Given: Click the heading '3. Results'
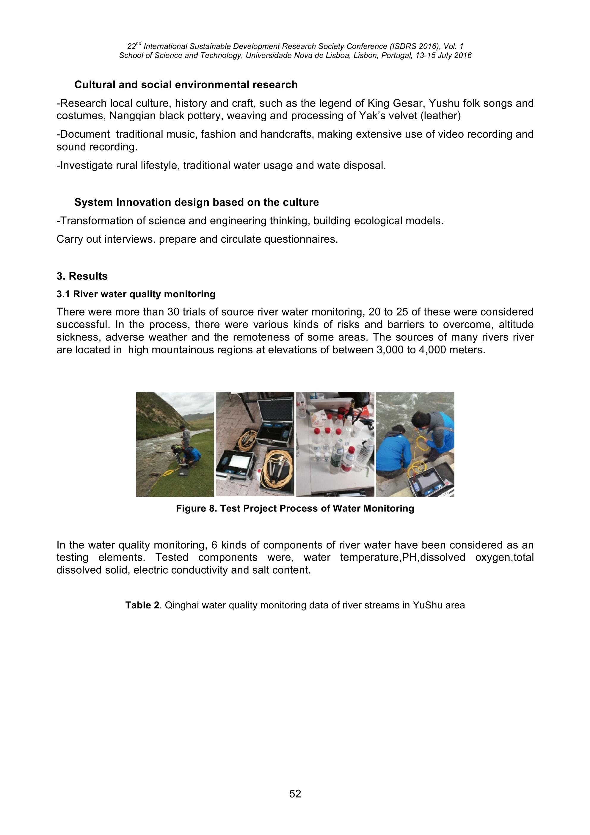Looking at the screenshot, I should coord(82,276).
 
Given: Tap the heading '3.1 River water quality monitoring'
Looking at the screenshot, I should coord(136,294).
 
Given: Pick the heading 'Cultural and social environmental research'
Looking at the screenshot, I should coord(186,85).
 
